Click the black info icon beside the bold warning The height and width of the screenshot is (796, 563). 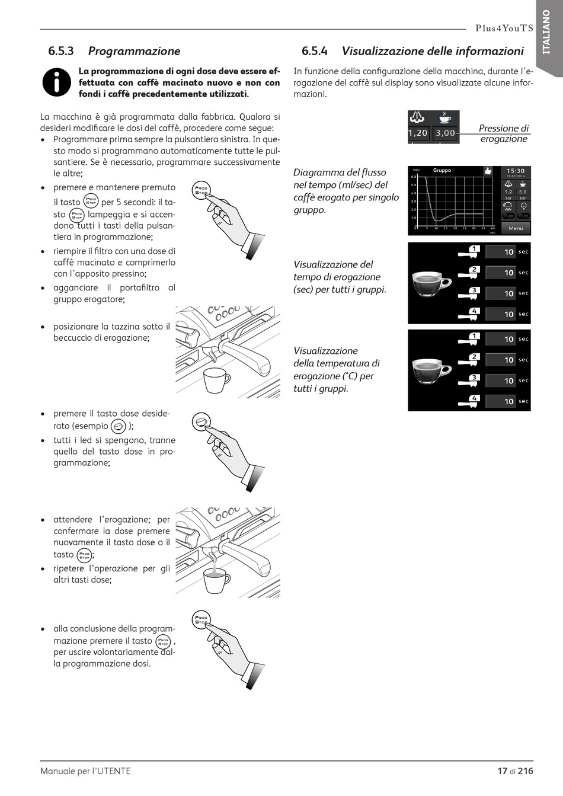[57, 82]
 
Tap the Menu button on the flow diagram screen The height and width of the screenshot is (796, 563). [516, 228]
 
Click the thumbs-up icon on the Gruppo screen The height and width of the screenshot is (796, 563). [488, 171]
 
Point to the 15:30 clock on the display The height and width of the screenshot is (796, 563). [516, 171]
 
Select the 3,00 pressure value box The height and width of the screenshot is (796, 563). [445, 133]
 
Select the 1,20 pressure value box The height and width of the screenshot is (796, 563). [418, 133]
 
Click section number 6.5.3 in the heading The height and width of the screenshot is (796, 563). [61, 51]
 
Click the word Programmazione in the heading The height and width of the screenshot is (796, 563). [134, 51]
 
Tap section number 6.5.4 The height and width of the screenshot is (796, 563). [314, 51]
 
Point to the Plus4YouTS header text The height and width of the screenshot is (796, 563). [504, 28]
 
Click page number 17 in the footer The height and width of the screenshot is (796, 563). [502, 771]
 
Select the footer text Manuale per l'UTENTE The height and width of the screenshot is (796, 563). [85, 771]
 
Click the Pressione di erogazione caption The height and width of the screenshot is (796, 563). [503, 133]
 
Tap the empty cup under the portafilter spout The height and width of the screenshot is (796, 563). [216, 380]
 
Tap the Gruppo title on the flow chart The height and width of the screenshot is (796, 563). [442, 171]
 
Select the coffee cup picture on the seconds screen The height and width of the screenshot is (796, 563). [431, 283]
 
